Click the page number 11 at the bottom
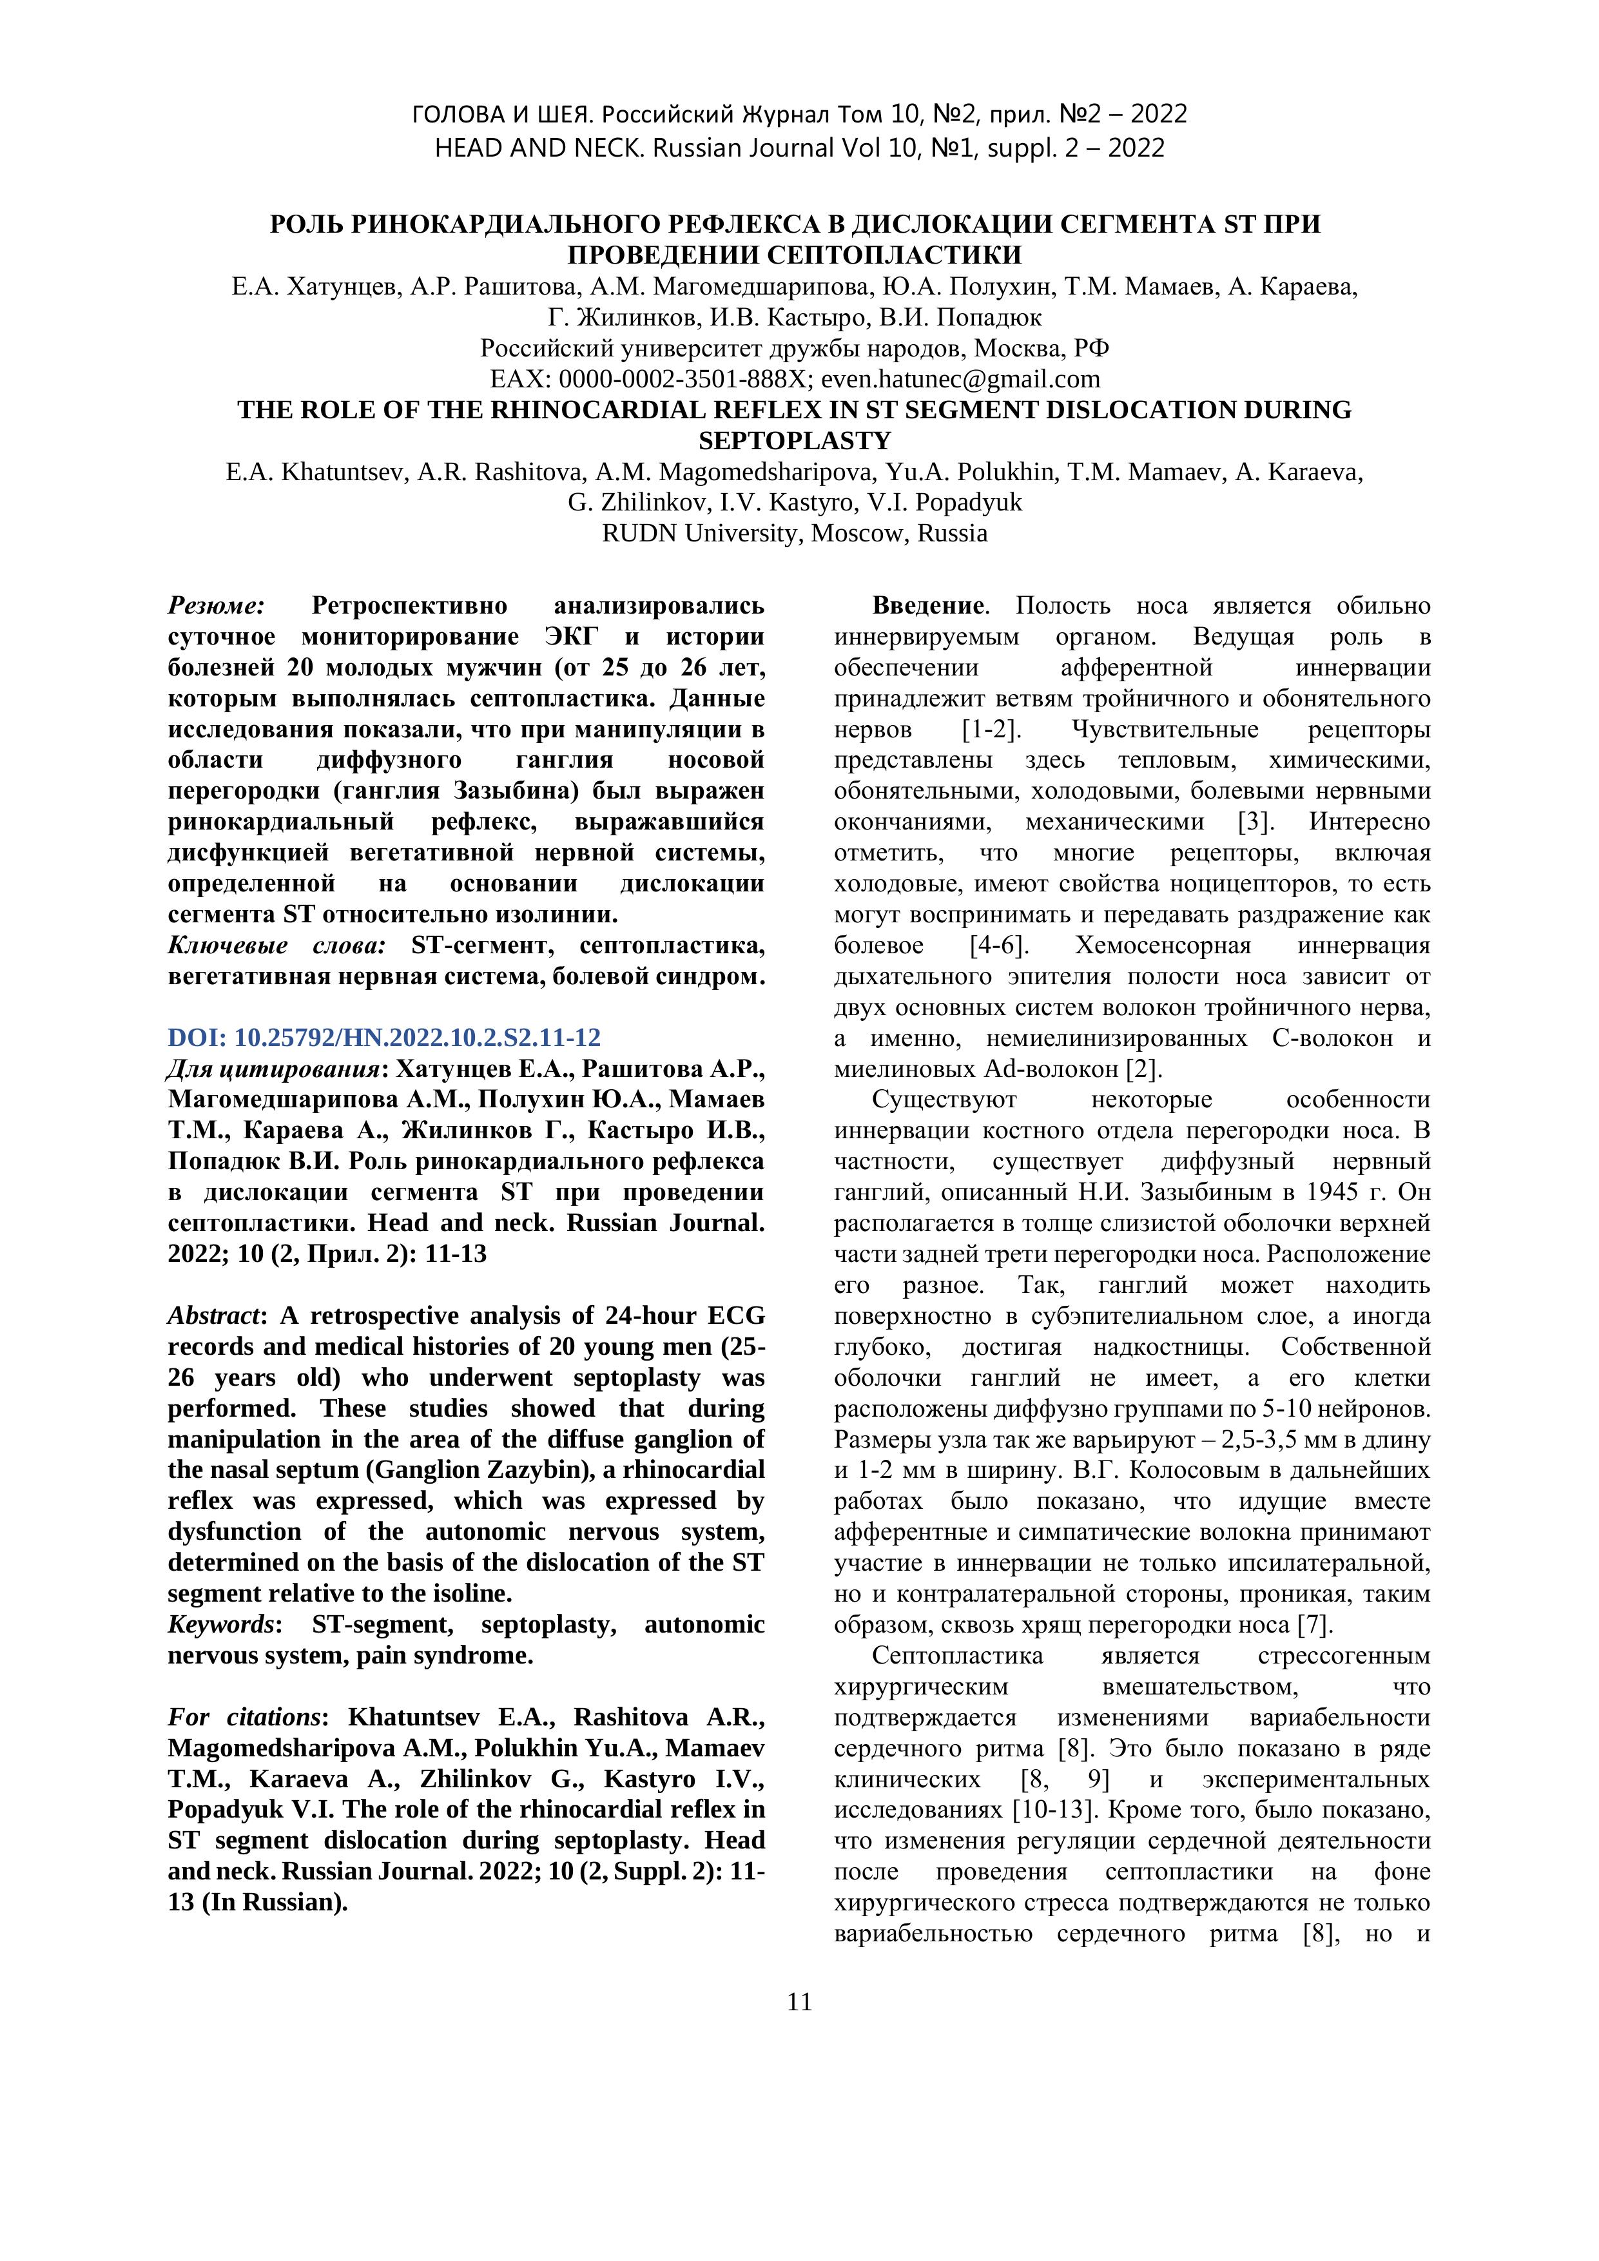click(x=799, y=2002)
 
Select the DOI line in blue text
click(x=384, y=1038)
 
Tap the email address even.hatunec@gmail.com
click(x=960, y=379)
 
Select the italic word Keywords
click(x=218, y=1625)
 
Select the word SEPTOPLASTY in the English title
click(x=795, y=440)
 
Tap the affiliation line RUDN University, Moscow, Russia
click(x=795, y=533)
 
